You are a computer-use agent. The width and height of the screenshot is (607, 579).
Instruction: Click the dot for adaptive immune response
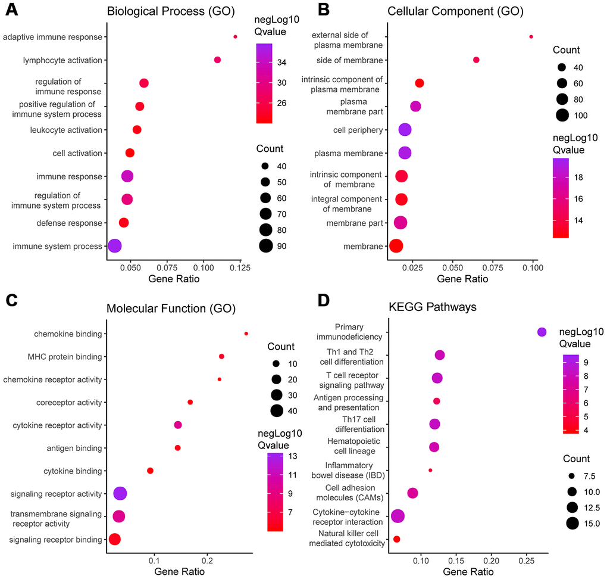coord(235,37)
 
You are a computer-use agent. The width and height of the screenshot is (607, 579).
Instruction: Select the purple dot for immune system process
coord(114,245)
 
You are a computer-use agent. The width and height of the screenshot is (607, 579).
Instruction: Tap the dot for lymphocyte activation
coord(217,60)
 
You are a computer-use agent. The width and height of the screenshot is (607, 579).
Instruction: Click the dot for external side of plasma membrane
coord(531,37)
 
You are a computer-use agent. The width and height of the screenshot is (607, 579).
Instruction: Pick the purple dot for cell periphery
coord(405,130)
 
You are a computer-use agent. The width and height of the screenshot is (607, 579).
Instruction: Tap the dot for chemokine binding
coord(246,334)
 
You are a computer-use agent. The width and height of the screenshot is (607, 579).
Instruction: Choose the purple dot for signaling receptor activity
coord(120,493)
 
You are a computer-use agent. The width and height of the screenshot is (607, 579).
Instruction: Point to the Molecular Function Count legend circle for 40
coord(276,410)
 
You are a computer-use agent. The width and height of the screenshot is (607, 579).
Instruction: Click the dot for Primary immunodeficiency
coord(542,332)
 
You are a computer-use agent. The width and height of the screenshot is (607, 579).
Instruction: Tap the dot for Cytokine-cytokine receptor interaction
coord(398,516)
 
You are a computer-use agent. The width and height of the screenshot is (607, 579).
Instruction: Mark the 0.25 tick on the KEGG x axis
coord(526,558)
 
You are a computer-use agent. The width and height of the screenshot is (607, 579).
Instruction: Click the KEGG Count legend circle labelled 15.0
coord(572,524)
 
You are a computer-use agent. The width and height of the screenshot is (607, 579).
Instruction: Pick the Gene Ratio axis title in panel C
coord(179,571)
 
